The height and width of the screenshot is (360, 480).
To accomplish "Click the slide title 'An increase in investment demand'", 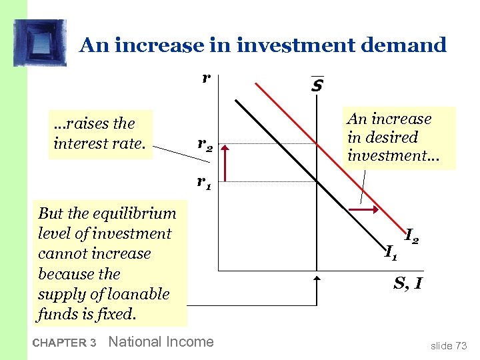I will (x=263, y=45).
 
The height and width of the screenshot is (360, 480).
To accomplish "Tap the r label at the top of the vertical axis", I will (x=207, y=77).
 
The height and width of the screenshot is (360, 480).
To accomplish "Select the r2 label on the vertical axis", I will (x=205, y=144).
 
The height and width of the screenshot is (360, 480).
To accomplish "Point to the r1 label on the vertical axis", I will (x=204, y=181).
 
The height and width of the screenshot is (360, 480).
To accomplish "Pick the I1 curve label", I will (x=391, y=251).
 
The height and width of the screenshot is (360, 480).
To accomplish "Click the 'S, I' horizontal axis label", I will (x=407, y=283).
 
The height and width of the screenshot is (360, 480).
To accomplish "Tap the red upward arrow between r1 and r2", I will (x=226, y=163).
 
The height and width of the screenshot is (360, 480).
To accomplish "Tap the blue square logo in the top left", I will (x=41, y=43).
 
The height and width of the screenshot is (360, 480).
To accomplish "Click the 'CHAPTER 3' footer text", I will (x=64, y=343).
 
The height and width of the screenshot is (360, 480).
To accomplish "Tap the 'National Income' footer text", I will (x=161, y=342).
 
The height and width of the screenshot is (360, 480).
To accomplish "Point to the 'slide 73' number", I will (x=449, y=345).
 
